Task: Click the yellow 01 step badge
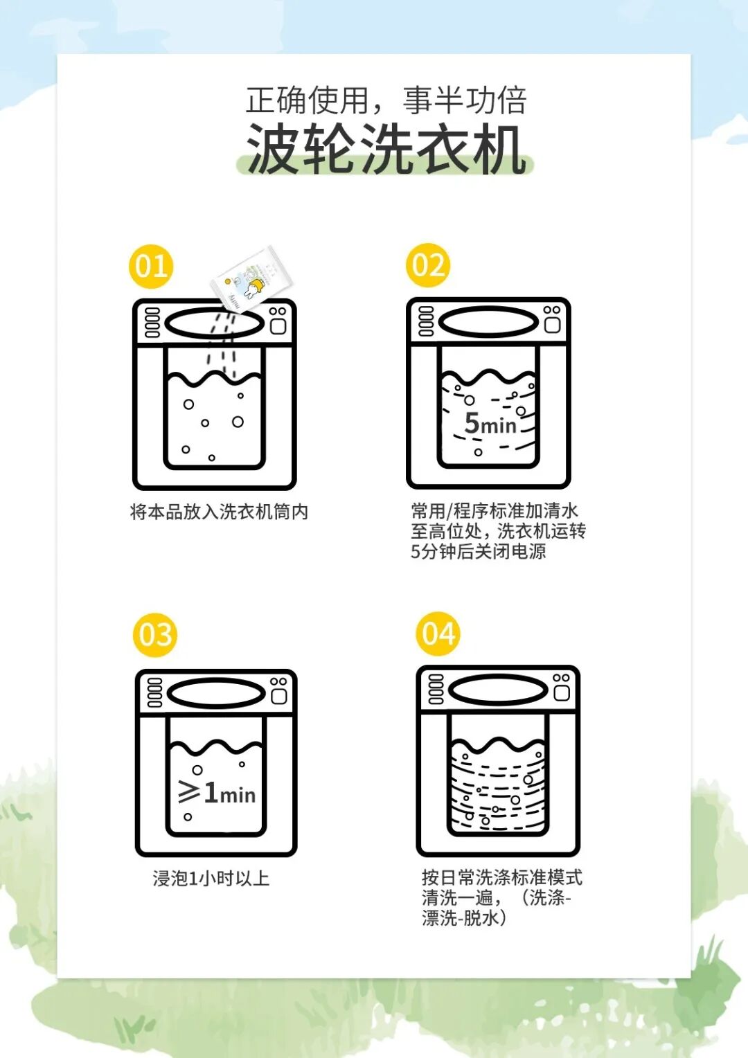pos(151,267)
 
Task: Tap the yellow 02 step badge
pos(428,265)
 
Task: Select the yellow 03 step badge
pos(155,635)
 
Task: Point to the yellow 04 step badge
pos(438,634)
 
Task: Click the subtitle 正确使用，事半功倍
pos(386,100)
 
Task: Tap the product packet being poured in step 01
pos(251,278)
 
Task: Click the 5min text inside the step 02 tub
pos(490,423)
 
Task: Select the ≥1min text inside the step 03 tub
pos(217,793)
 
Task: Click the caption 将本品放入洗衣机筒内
pos(219,512)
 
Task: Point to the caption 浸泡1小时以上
pos(211,879)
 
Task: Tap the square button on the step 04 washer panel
pos(562,693)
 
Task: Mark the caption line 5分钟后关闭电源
pos(478,551)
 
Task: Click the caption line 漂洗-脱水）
pos(465,918)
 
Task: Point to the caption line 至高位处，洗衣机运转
pos(498,531)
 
